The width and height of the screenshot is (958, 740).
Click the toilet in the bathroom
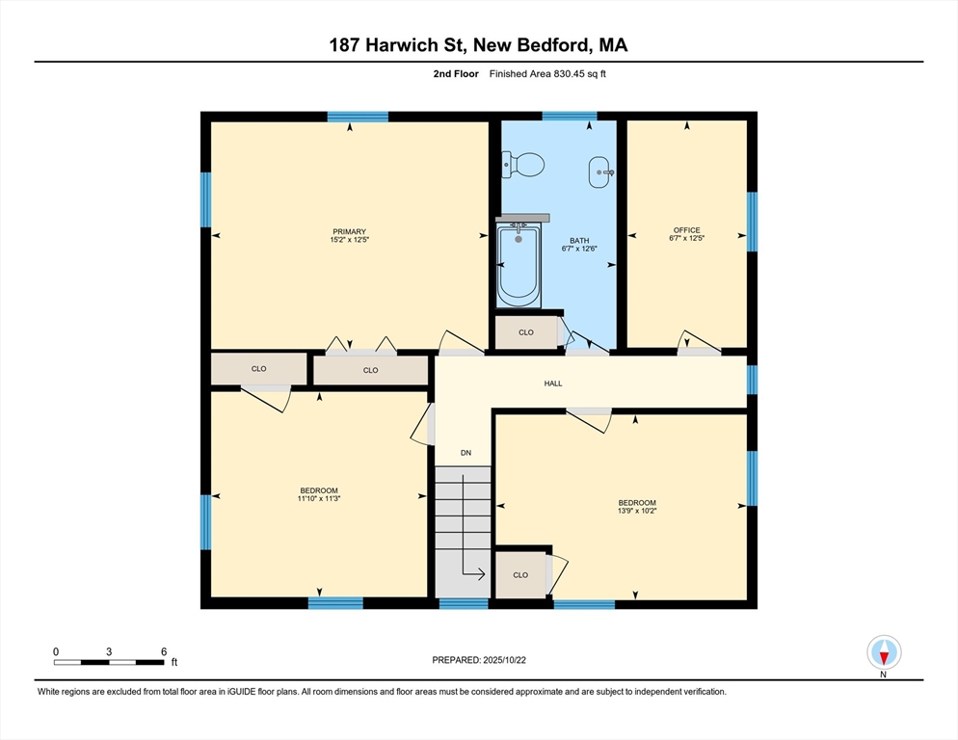(523, 165)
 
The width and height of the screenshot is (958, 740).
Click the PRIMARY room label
(350, 231)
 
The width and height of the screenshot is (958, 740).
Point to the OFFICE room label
(687, 230)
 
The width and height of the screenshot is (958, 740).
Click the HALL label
(553, 383)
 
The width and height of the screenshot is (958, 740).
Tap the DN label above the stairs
(466, 453)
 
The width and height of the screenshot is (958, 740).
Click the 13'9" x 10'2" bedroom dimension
(637, 511)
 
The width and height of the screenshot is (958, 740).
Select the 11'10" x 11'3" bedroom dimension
(319, 498)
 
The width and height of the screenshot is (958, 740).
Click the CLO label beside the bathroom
(526, 332)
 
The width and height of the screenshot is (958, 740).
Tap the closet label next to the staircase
(520, 575)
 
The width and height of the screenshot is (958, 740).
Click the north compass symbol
(884, 652)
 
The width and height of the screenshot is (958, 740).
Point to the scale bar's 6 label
(164, 652)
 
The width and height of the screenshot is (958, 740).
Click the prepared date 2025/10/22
(505, 660)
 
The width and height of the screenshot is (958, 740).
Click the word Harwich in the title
(402, 45)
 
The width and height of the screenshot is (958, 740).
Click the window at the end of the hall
(752, 380)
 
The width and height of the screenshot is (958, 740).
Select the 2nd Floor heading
(456, 74)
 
